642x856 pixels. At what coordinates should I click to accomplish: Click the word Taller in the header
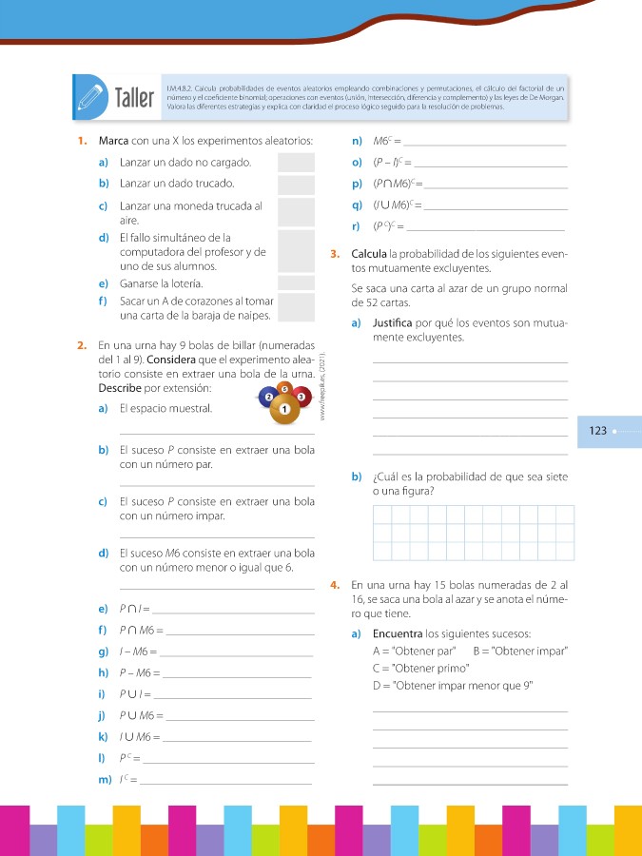coord(134,97)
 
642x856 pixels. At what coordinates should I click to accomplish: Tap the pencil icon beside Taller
coord(88,96)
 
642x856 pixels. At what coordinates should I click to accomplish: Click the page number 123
coord(598,431)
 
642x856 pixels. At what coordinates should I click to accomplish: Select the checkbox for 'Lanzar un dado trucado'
coord(296,184)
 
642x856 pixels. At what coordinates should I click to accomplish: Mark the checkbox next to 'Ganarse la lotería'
coord(296,283)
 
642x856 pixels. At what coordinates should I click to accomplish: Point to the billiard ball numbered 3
coord(302,396)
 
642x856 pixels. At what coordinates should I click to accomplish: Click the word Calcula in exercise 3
coord(369,254)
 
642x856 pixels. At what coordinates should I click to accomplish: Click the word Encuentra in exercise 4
coord(399,634)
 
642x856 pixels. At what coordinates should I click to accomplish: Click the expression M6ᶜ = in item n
coord(389,142)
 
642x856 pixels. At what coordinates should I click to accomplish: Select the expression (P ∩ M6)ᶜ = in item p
coord(397,184)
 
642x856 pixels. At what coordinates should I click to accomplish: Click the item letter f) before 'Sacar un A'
coord(103,301)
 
